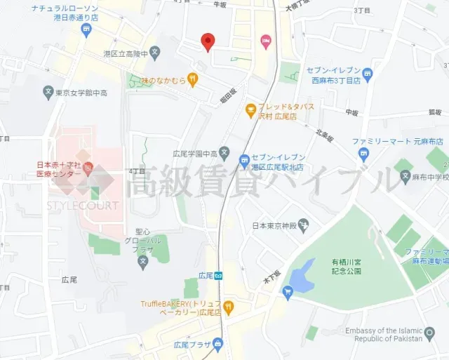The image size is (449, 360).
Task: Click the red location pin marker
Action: (208, 42)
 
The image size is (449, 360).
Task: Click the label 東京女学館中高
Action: (79, 91)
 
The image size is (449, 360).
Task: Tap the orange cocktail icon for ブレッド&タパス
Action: (250, 109)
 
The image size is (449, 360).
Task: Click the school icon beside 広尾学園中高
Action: (224, 152)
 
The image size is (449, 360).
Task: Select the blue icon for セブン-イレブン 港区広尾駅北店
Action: (244, 161)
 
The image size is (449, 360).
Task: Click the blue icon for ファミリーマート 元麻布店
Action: (363, 154)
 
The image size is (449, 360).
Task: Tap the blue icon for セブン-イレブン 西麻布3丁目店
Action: (368, 73)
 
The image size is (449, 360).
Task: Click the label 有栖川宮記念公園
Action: (347, 266)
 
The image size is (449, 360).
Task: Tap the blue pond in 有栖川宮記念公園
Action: (302, 275)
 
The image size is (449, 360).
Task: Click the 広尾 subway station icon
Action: (220, 275)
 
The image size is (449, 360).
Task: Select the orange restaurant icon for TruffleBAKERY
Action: (228, 307)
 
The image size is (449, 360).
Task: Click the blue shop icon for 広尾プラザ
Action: (218, 343)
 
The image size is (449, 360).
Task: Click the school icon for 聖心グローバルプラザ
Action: (143, 263)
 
